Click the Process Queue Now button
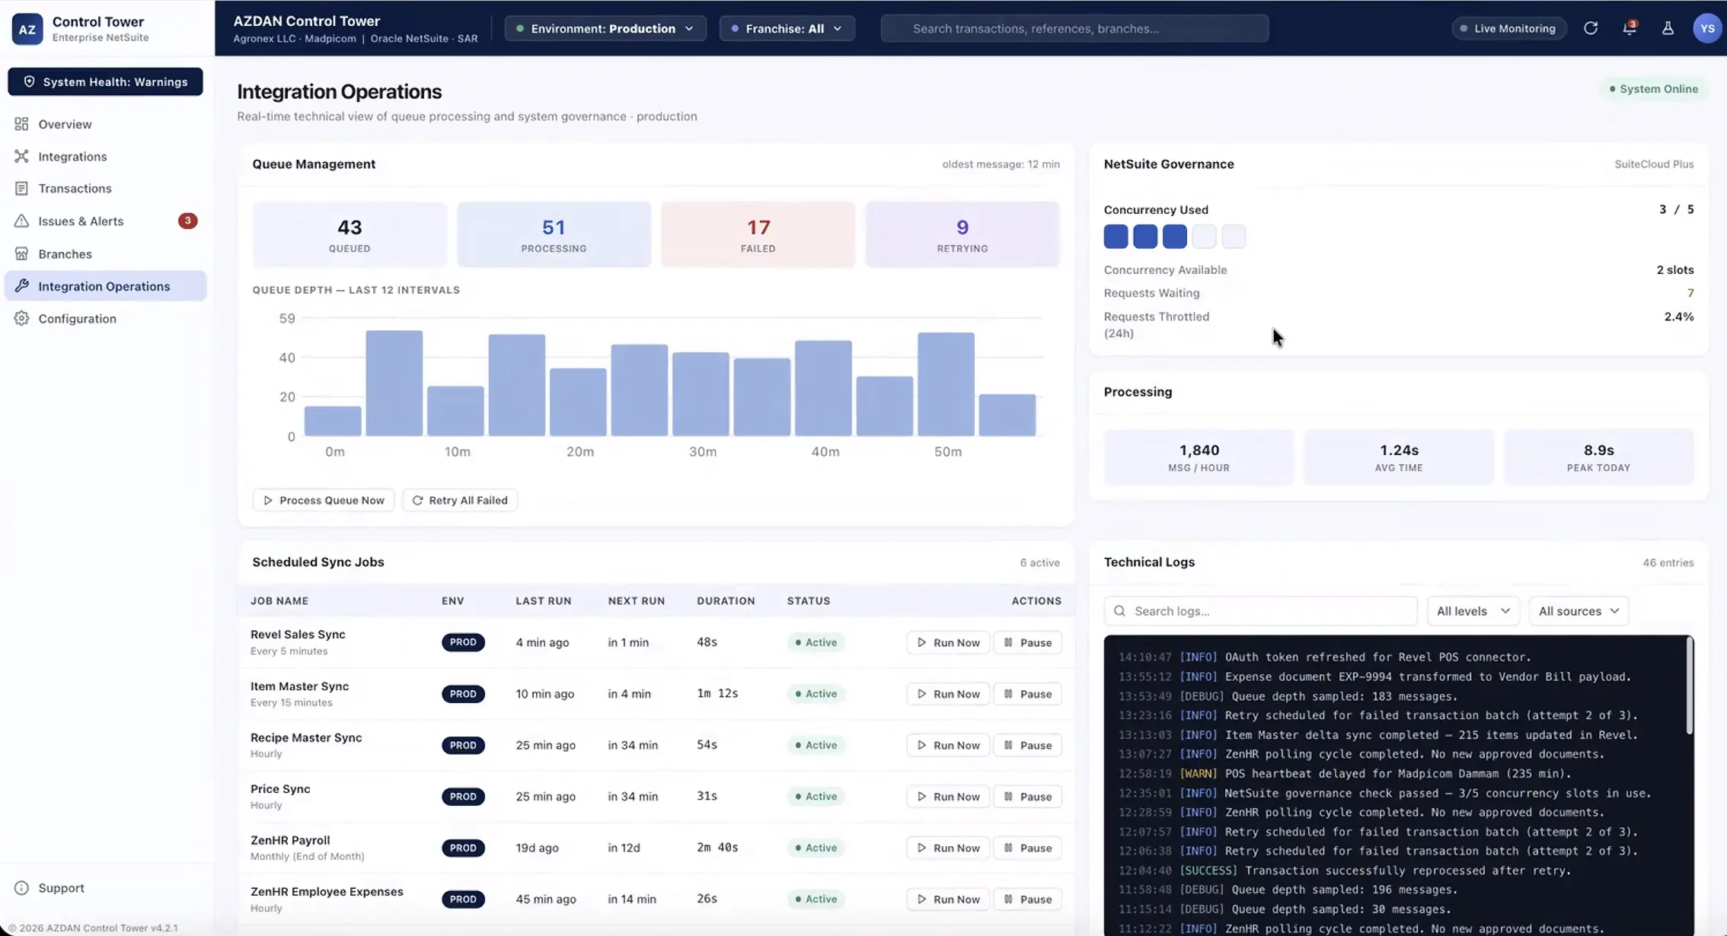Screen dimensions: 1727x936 tap(324, 500)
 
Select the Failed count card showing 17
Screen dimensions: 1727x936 tap(758, 234)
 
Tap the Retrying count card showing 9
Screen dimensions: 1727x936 tap(962, 234)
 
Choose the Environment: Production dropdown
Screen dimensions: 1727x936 tap(605, 28)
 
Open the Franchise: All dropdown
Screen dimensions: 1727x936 tap(787, 28)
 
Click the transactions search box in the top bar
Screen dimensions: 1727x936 tap(1074, 28)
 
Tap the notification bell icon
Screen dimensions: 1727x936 tap(1629, 28)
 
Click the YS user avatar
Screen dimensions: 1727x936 tap(1707, 28)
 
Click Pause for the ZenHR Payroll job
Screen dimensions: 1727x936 tap(1027, 848)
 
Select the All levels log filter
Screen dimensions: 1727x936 tap(1473, 611)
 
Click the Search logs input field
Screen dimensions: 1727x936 tap(1260, 611)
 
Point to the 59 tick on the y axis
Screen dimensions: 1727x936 tap(287, 318)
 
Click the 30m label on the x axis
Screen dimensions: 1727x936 tap(702, 451)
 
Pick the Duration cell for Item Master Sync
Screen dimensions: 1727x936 tap(717, 693)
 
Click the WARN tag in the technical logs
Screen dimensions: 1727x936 tap(1198, 773)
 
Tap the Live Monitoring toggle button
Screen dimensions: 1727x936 tap(1508, 28)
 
